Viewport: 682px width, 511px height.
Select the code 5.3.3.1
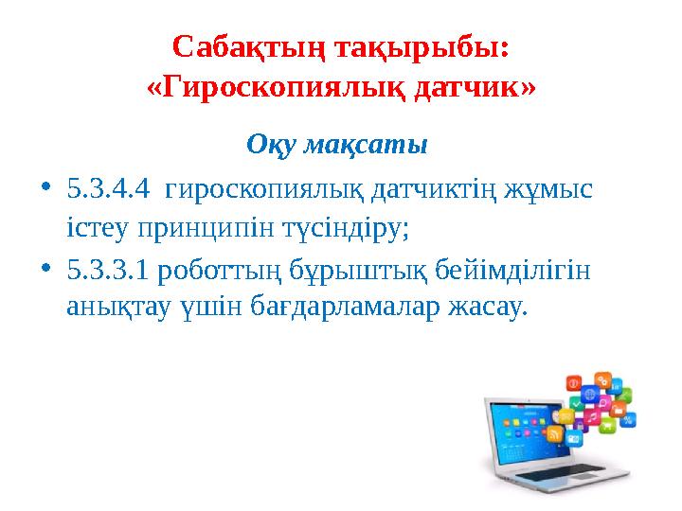[107, 273]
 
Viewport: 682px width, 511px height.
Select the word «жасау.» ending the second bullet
[485, 308]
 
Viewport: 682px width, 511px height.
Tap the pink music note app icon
[591, 416]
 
